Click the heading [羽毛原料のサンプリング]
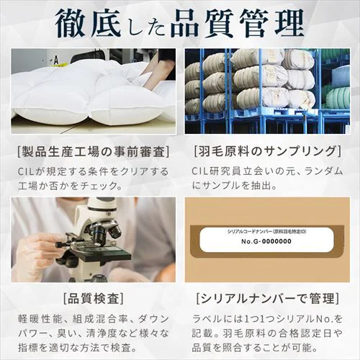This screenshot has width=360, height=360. pos(267,151)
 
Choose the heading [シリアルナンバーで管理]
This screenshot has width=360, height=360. pos(267,297)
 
